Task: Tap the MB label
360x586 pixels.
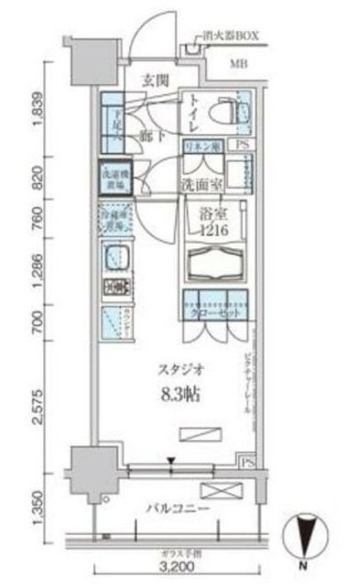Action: coord(238,64)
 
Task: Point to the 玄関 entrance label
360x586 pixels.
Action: coord(154,81)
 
